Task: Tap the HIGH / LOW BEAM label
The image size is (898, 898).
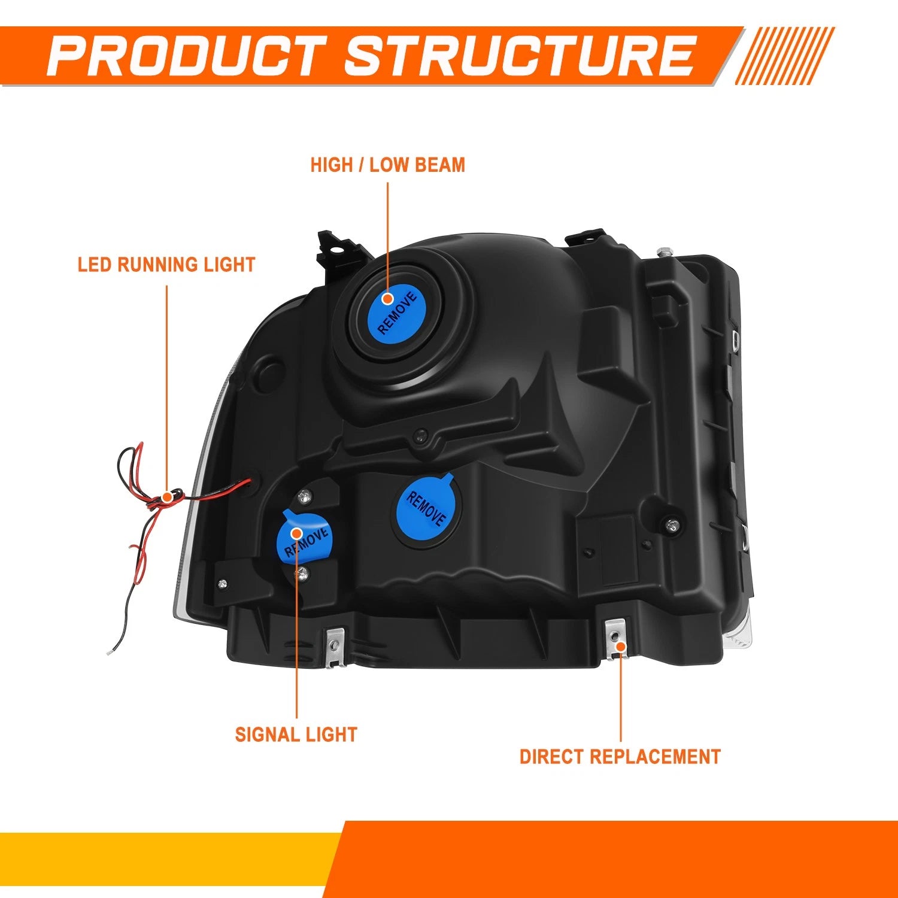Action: pyautogui.click(x=387, y=165)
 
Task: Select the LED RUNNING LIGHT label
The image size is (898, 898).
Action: pyautogui.click(x=166, y=265)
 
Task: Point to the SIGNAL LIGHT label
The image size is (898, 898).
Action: pyautogui.click(x=296, y=735)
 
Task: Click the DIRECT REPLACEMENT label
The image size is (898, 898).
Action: pyautogui.click(x=620, y=757)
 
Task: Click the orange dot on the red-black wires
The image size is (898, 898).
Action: pyautogui.click(x=167, y=497)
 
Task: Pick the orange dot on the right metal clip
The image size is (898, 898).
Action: pyautogui.click(x=621, y=647)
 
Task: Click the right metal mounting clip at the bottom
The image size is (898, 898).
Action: pyautogui.click(x=616, y=639)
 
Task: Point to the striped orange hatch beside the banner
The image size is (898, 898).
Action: pyautogui.click(x=785, y=56)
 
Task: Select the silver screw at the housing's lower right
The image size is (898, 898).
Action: pyautogui.click(x=673, y=525)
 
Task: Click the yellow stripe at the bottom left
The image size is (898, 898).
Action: pyautogui.click(x=168, y=859)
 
